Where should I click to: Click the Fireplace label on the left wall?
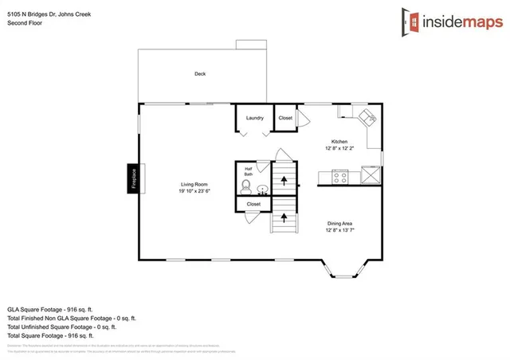[x=134, y=179]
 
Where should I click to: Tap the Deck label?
[x=200, y=74]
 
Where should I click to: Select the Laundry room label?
[x=255, y=118]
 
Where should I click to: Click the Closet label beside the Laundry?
[x=285, y=118]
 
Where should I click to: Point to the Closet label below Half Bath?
[x=253, y=204]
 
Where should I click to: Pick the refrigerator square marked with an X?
[x=371, y=175]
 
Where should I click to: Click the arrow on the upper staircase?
[x=284, y=181]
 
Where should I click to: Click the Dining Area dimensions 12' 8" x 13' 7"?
[x=340, y=230]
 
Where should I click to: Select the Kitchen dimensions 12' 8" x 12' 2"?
[x=340, y=148]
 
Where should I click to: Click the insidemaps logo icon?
[x=411, y=22]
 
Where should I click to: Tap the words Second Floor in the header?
[x=24, y=23]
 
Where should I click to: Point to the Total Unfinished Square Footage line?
[x=62, y=327]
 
